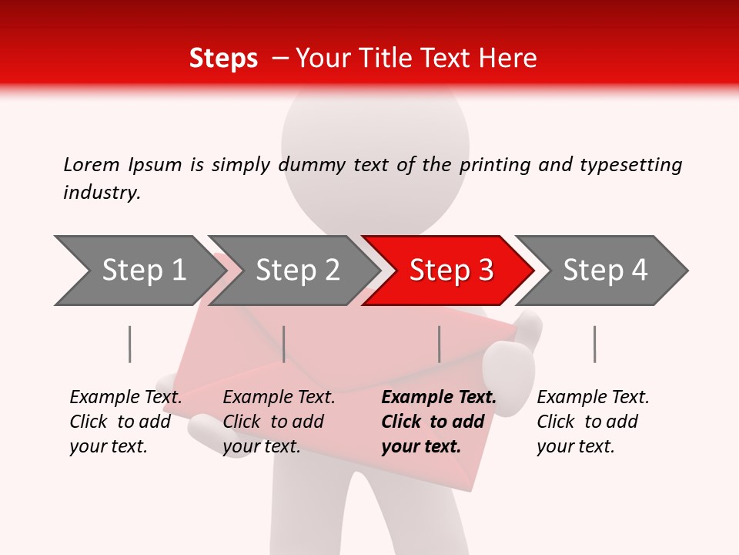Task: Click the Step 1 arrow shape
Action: (139, 271)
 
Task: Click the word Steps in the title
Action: (223, 59)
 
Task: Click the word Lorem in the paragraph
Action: (91, 164)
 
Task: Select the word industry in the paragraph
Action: (101, 192)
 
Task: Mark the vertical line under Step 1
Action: (129, 344)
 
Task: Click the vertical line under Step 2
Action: (284, 344)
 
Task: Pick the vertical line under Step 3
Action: (439, 344)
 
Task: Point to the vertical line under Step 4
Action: (594, 344)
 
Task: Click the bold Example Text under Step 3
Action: (438, 398)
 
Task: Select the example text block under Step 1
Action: (125, 422)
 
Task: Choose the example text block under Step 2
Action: (278, 422)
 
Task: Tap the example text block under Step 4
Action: (592, 422)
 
